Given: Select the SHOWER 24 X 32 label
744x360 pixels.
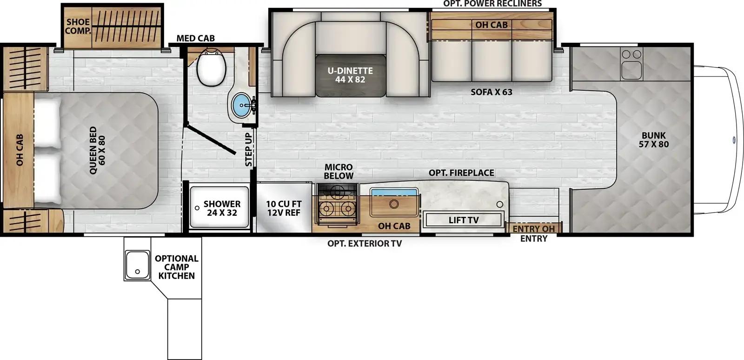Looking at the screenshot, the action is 222,208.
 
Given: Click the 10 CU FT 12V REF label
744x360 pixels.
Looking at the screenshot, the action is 284,208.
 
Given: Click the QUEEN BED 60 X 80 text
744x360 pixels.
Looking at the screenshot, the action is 97,150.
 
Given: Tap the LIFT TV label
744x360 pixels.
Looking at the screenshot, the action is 464,220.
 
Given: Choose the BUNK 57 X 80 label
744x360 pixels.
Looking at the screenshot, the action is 654,140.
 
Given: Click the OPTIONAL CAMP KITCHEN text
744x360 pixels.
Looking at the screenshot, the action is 176,267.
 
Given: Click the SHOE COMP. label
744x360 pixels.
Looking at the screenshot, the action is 78,26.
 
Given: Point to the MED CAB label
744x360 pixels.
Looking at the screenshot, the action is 195,38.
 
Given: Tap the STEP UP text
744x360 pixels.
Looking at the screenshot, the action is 248,149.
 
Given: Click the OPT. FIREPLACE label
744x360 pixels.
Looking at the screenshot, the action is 461,173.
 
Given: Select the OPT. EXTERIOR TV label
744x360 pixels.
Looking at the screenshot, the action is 365,243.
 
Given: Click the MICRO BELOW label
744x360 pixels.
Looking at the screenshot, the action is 339,171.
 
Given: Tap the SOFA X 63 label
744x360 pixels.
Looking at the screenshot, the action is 491,92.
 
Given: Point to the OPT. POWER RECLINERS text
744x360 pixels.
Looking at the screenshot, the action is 492,4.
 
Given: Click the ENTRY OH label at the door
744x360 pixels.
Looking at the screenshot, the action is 533,229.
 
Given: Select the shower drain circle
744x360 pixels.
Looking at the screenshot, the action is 197,208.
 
